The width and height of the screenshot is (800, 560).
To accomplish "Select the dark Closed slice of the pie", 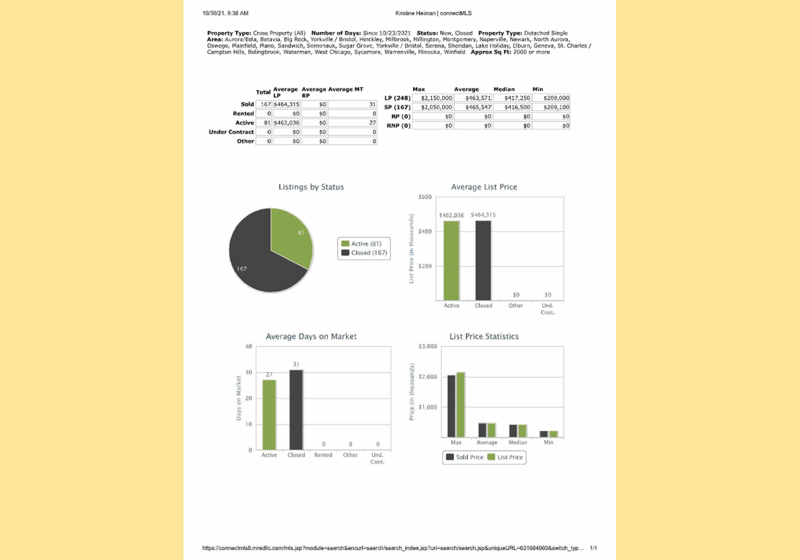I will pyautogui.click(x=258, y=262).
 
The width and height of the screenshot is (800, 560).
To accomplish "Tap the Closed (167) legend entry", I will pyautogui.click(x=364, y=253).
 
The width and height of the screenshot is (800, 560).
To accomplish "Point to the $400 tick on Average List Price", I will pyautogui.click(x=425, y=232).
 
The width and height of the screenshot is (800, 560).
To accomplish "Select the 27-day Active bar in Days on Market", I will pyautogui.click(x=269, y=414).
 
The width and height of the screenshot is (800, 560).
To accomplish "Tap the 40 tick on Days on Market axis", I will pyautogui.click(x=248, y=347).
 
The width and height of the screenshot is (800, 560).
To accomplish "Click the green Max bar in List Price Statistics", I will pyautogui.click(x=460, y=404).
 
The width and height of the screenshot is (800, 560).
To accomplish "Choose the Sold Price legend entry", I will pyautogui.click(x=464, y=457).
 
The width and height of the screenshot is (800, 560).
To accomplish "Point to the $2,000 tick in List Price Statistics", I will pyautogui.click(x=428, y=377).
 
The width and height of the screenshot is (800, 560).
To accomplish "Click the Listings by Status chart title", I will pyautogui.click(x=311, y=187).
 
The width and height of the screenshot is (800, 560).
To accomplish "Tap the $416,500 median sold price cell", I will pyautogui.click(x=512, y=107).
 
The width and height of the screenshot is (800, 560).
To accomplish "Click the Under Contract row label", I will pyautogui.click(x=231, y=132).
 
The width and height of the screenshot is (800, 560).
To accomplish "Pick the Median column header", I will pyautogui.click(x=504, y=89).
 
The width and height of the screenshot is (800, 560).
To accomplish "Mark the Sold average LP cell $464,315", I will pyautogui.click(x=286, y=104).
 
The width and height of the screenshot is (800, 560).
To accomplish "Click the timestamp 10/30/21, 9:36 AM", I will pyautogui.click(x=225, y=13).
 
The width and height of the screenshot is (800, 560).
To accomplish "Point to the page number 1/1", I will pyautogui.click(x=593, y=548).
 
